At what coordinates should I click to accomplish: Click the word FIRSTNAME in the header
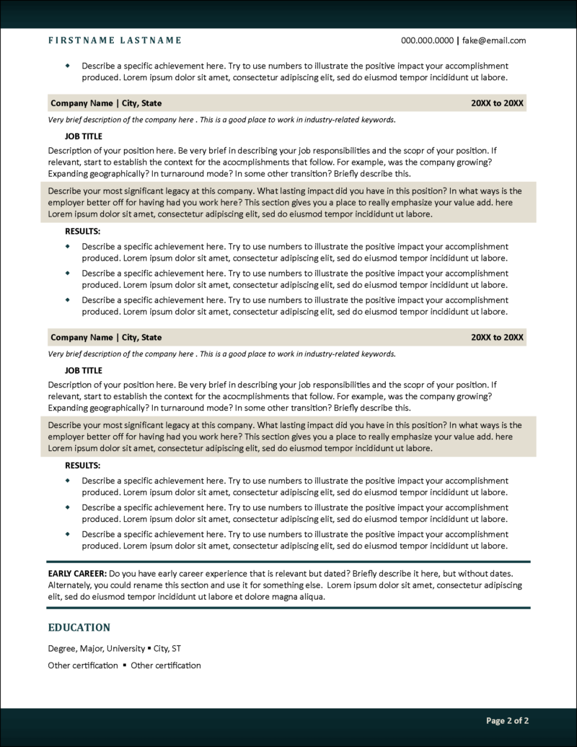coord(77,40)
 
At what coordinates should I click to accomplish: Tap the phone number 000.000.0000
coord(427,40)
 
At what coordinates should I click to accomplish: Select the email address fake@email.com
coord(494,40)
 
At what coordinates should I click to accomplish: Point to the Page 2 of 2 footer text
coord(507,720)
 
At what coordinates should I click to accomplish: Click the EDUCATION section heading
coord(79,627)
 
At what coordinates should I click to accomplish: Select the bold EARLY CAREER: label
coord(77,572)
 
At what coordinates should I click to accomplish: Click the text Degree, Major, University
coord(96,648)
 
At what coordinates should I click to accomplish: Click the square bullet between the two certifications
coord(124,665)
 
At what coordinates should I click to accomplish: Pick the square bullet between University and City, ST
coord(149,648)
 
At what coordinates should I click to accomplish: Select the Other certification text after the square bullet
coord(166,665)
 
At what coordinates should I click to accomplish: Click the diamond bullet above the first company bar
coord(68,66)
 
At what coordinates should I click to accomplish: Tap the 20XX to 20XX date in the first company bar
coord(497,103)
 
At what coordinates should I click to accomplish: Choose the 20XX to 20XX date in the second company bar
coord(497,337)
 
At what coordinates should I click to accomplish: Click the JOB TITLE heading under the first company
coord(84,136)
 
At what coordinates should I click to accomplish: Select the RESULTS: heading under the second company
coord(83,466)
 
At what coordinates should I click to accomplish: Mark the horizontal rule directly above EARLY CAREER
coord(288,561)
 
